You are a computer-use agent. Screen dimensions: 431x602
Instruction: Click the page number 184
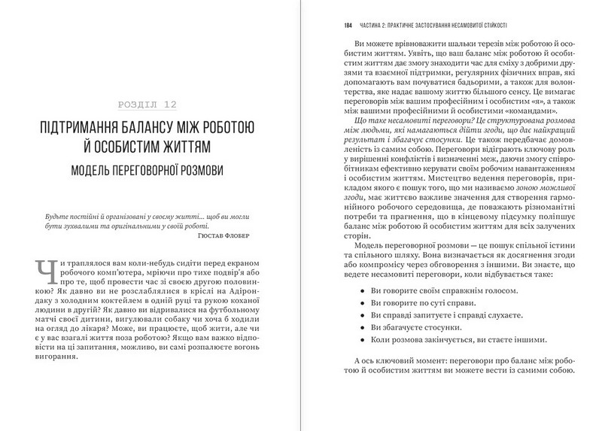(346, 25)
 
